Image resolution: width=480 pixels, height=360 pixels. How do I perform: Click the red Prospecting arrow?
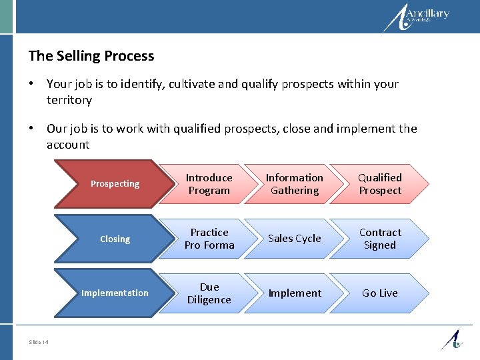click(115, 184)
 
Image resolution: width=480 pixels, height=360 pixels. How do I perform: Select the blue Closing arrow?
click(115, 239)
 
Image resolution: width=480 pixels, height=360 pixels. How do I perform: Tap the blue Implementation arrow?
click(115, 293)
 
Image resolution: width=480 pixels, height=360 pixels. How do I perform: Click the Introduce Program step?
click(209, 184)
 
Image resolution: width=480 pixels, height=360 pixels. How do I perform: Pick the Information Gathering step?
click(294, 184)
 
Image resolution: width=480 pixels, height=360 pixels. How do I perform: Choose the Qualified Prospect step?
click(379, 184)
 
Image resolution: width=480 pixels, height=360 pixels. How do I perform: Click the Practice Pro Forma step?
click(209, 239)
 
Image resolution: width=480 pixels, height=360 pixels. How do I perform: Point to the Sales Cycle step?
click(294, 239)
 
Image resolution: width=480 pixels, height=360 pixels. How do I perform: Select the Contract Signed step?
click(379, 239)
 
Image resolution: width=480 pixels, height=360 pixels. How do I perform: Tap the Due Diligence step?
click(209, 293)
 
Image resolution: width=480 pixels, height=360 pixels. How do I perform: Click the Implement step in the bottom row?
click(294, 293)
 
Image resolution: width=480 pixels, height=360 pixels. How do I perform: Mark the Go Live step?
click(379, 293)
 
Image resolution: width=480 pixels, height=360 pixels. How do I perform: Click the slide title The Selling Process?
click(91, 56)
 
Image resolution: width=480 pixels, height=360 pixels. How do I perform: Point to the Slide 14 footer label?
click(39, 342)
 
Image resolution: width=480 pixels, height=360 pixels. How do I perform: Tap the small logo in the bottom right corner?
click(451, 339)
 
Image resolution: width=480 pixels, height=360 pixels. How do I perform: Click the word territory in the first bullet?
click(69, 100)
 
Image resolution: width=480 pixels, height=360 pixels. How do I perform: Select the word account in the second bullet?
click(68, 145)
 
